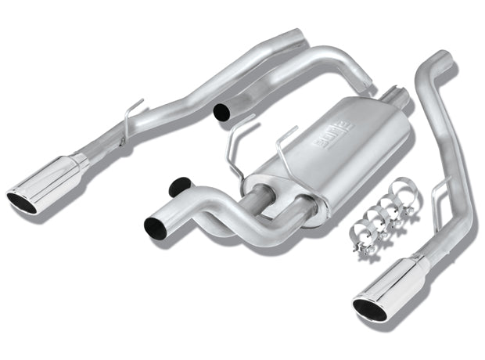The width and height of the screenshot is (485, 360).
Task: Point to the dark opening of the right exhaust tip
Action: click(x=369, y=311)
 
